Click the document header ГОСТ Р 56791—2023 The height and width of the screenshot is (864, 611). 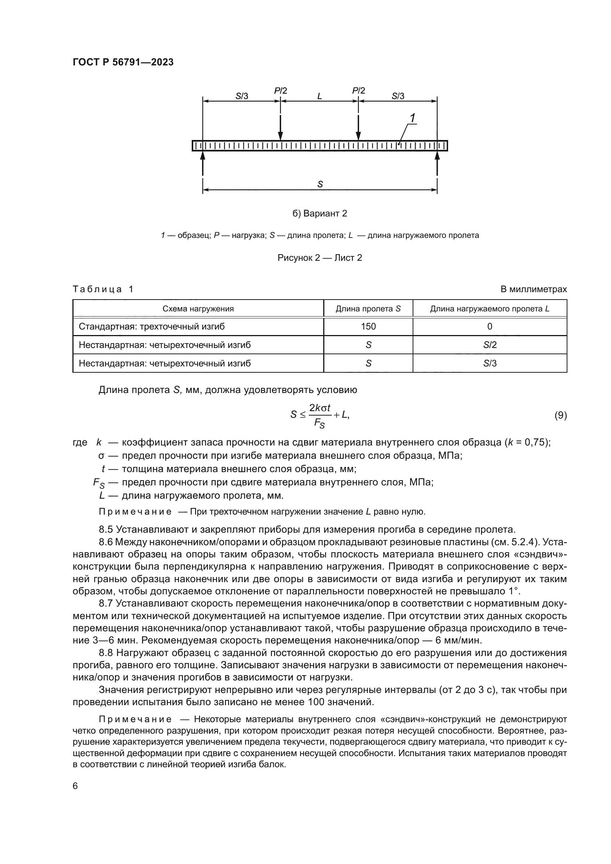[x=123, y=62]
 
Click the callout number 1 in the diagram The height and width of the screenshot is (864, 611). [x=412, y=118]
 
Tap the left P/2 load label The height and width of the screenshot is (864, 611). [x=280, y=91]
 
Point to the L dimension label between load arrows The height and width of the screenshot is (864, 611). [x=320, y=96]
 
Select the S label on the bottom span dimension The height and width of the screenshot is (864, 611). [x=320, y=184]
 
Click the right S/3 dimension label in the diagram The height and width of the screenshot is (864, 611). [x=398, y=96]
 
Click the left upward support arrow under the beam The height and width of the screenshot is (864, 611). [x=203, y=163]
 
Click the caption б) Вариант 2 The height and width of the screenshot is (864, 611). [x=320, y=214]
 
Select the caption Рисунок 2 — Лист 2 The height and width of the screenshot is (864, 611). [x=320, y=258]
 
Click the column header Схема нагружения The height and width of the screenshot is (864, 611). [x=198, y=309]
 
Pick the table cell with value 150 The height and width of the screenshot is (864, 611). [x=368, y=327]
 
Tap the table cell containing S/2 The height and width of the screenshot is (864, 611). [x=490, y=345]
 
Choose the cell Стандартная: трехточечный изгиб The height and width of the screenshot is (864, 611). [x=151, y=327]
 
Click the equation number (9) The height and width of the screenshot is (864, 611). [x=561, y=416]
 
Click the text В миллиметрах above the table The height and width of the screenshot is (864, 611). [x=533, y=289]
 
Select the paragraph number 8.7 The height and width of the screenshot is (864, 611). [x=106, y=603]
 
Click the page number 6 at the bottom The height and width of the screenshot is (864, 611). [x=75, y=786]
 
